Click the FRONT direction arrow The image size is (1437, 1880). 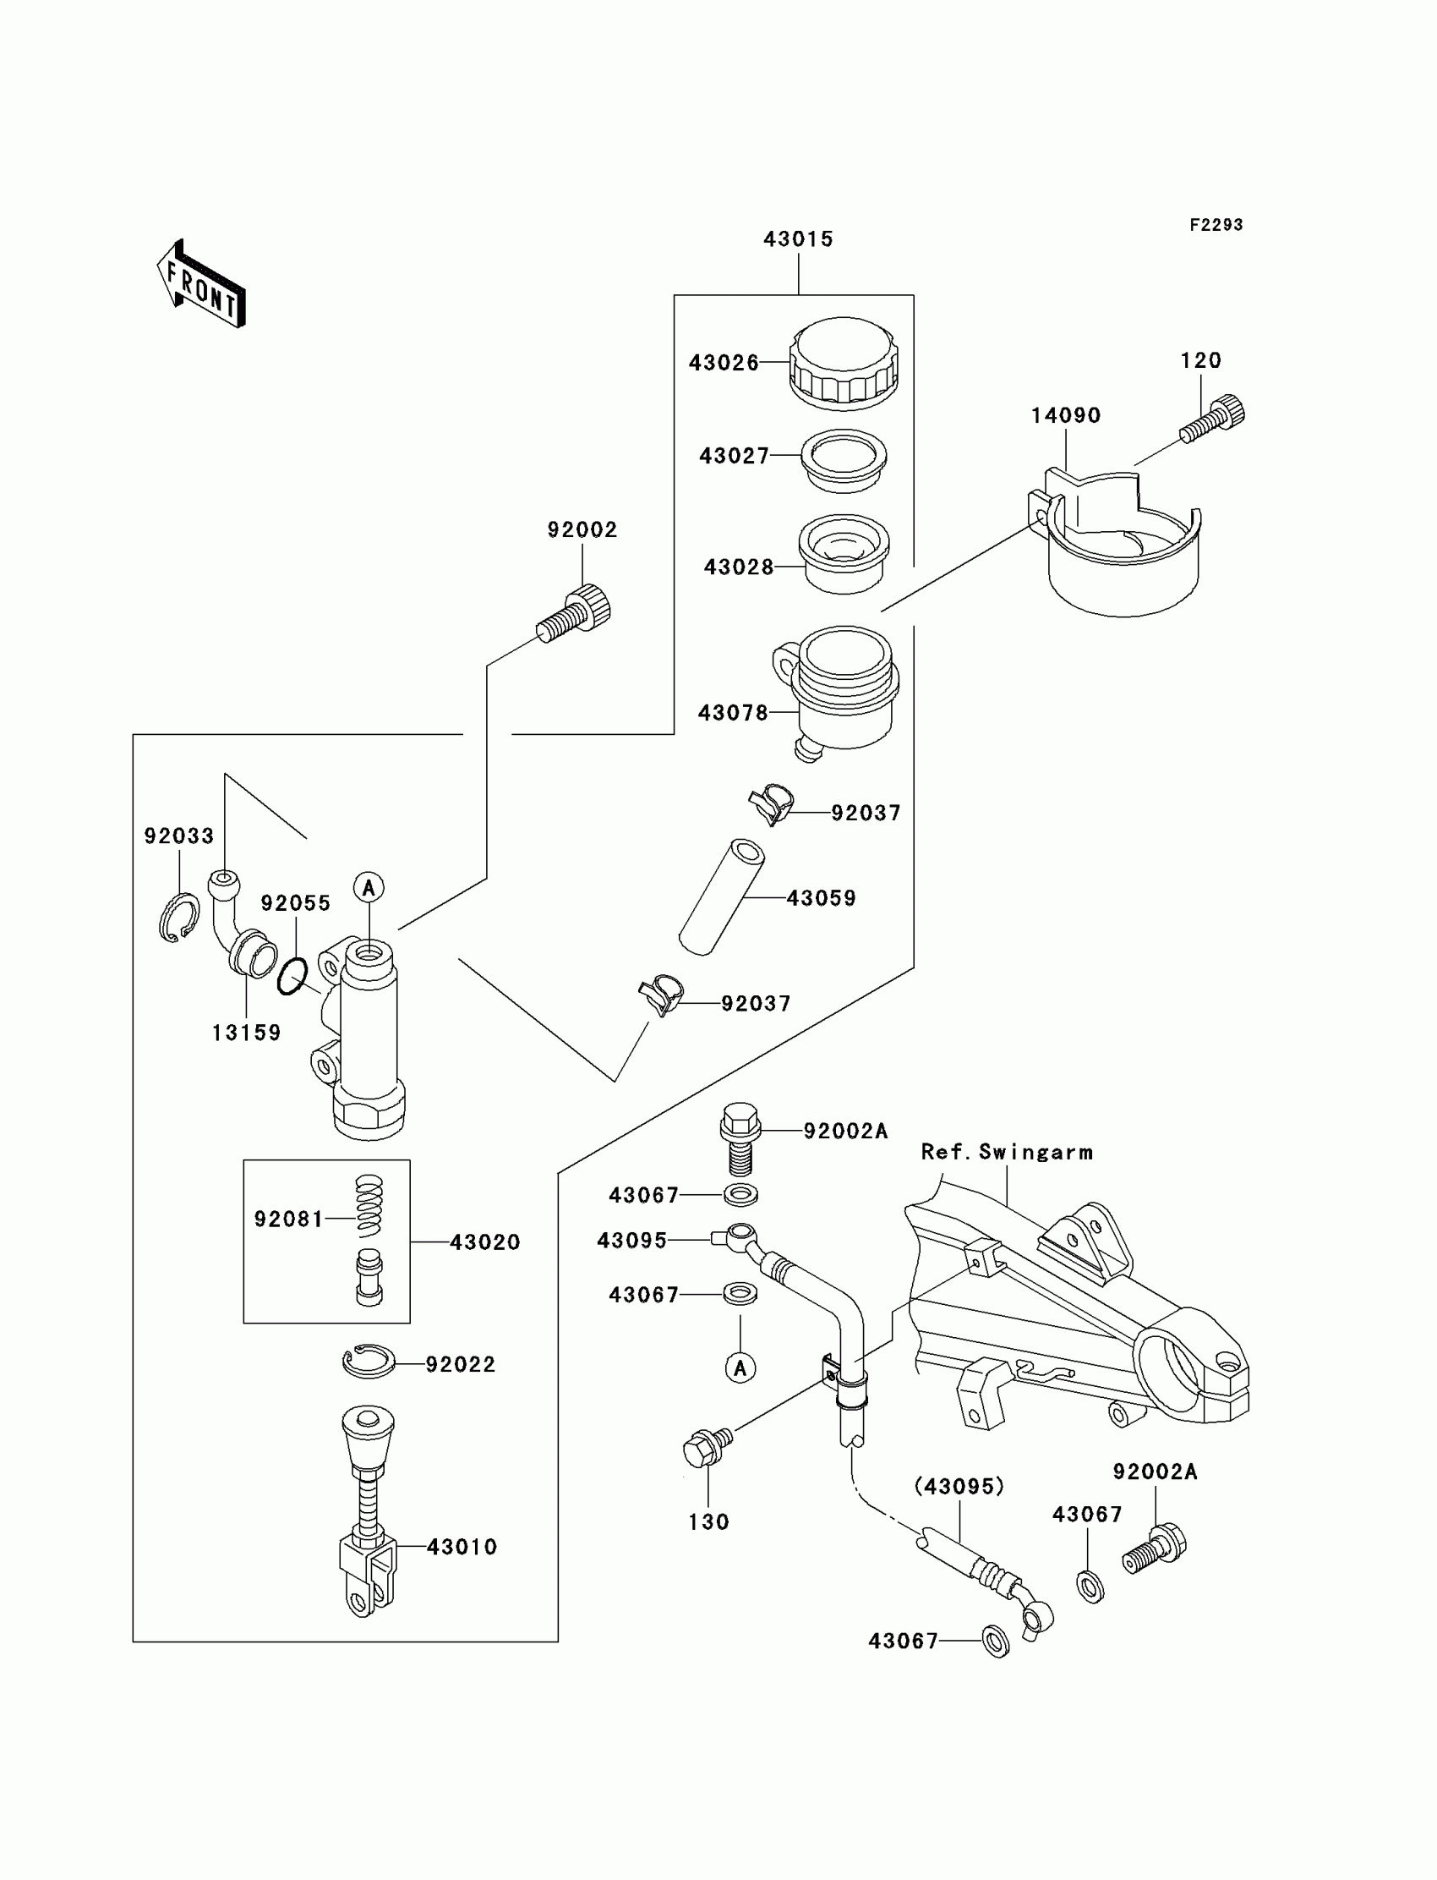coord(202,284)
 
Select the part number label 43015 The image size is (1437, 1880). coord(798,239)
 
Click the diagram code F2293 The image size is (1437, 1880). coord(1216,225)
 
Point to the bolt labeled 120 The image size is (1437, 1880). coord(1212,419)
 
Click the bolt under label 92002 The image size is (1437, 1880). coord(574,612)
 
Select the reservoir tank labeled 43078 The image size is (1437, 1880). coord(836,692)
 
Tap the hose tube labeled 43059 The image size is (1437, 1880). coord(722,896)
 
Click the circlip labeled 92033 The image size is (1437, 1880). coord(179,918)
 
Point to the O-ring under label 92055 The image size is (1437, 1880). coord(292,977)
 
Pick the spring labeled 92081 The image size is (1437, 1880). coord(369,1205)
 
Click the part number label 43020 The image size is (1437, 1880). coord(485,1241)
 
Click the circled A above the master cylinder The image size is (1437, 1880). coord(369,887)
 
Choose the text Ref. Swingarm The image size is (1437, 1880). coord(1007,1152)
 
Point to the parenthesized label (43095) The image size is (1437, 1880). coord(959,1487)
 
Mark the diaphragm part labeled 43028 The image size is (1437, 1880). coord(844,553)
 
